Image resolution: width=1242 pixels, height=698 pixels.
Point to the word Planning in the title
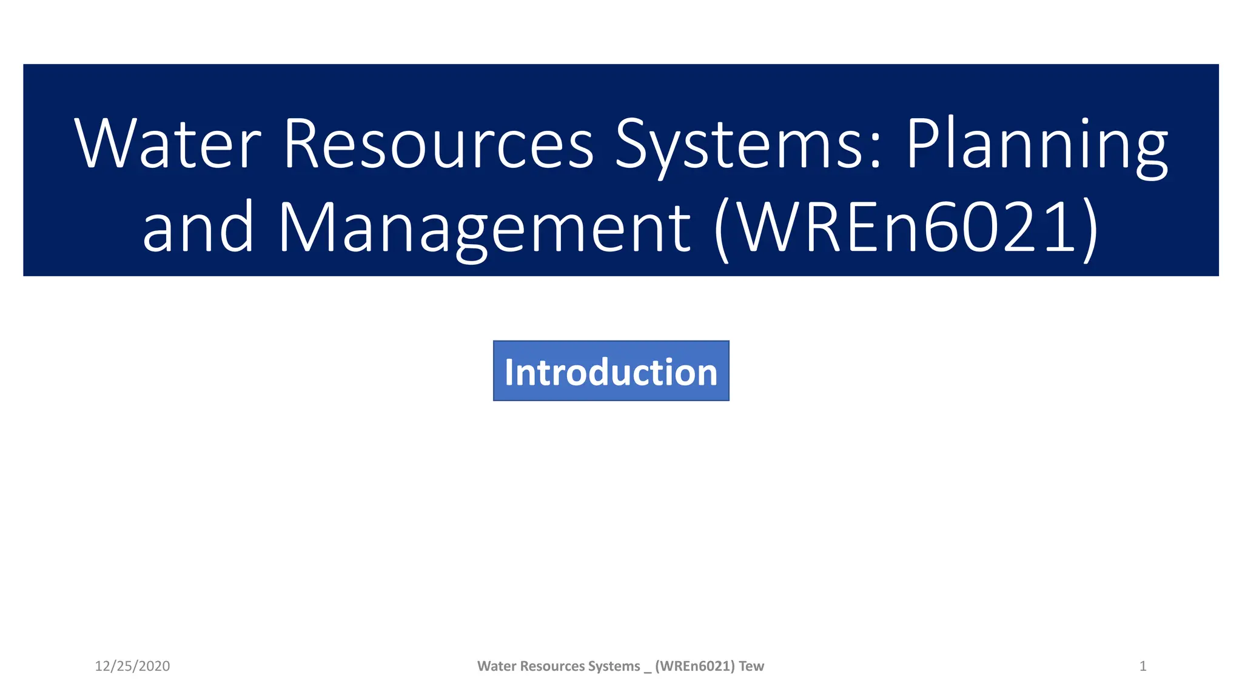(1036, 145)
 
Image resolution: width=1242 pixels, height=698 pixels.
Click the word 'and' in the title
(198, 227)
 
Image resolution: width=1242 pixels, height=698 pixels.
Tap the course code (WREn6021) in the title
(907, 228)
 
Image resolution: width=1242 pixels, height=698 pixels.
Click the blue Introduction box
(611, 371)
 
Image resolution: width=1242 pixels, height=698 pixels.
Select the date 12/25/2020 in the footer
(132, 666)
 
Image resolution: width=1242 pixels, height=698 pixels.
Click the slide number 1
(1143, 666)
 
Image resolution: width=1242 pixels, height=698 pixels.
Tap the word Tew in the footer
(751, 666)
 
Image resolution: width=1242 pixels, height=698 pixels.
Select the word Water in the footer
(497, 666)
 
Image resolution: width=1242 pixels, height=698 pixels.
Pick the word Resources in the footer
(552, 666)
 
